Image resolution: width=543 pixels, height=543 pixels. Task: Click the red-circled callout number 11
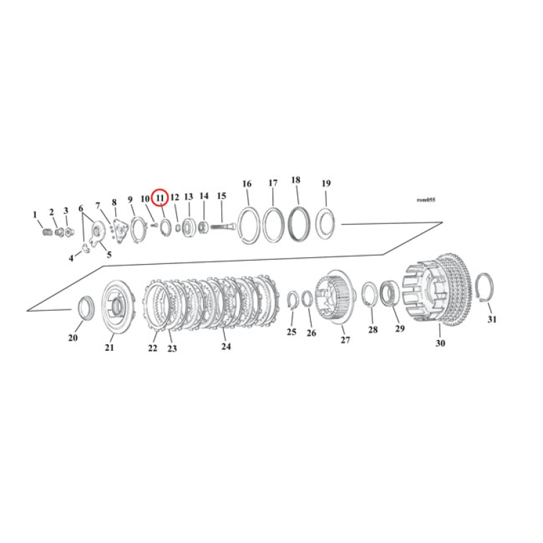[x=160, y=198]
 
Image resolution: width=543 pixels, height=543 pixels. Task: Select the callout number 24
[x=226, y=346]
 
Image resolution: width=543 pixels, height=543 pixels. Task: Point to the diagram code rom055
[x=426, y=200]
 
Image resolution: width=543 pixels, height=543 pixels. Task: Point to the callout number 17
[x=273, y=183]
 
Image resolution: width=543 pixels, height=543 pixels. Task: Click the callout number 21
[x=109, y=348]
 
